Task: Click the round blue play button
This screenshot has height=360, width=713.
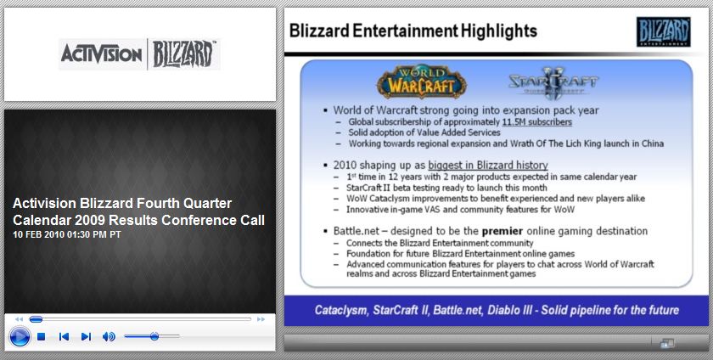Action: pos(20,337)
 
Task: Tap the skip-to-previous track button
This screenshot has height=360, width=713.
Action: pos(65,337)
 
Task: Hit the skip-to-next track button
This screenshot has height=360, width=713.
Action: pos(86,337)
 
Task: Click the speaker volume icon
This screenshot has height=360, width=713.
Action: pos(109,337)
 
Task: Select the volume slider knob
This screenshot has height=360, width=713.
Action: pos(154,336)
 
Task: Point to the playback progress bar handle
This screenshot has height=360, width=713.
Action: pos(36,319)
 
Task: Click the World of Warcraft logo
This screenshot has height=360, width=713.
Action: pos(422,82)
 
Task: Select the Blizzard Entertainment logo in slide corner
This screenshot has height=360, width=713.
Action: pos(664,32)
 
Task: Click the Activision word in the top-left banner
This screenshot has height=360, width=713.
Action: pos(101,54)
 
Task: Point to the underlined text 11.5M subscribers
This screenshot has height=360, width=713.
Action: pos(537,122)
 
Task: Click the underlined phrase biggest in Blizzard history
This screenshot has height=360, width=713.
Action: pos(488,166)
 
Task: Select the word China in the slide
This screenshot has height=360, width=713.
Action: pos(653,143)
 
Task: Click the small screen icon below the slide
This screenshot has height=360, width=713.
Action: pos(667,344)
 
